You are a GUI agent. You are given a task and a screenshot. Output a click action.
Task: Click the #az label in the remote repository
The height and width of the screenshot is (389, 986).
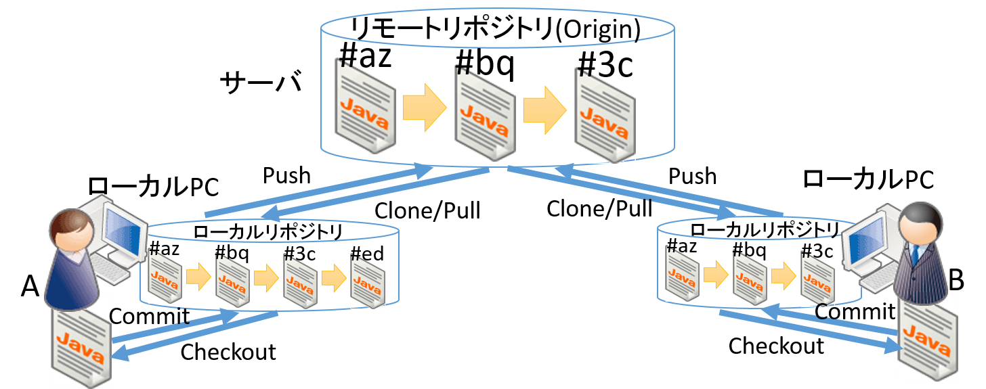click(x=365, y=58)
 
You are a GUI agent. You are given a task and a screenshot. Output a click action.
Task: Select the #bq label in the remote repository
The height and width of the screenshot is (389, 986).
click(x=485, y=64)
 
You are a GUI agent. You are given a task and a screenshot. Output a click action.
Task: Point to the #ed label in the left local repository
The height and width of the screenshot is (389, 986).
click(x=367, y=254)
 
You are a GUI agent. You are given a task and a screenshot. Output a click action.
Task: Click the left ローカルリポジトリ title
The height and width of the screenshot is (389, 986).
click(x=267, y=231)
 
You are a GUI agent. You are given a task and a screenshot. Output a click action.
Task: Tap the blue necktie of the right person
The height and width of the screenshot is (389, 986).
click(x=916, y=258)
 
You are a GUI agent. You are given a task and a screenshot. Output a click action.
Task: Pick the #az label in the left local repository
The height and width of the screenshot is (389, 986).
click(x=164, y=249)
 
